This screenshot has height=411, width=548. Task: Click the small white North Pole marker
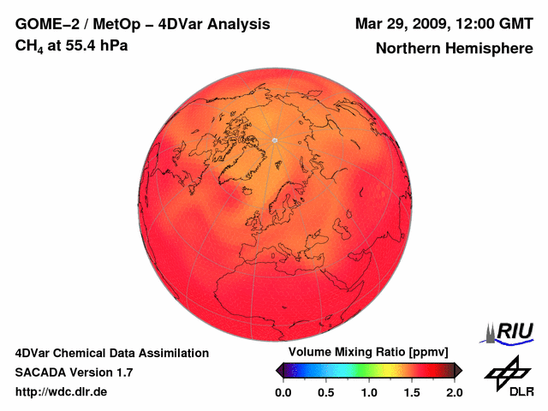275,140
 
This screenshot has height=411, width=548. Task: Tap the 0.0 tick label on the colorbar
283,392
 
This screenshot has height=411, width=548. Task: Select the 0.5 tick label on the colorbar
325,392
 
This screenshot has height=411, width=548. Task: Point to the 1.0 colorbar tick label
368,392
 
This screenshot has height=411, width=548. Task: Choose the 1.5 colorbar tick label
411,392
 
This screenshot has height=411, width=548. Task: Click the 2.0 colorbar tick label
454,392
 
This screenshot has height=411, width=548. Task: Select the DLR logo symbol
505,370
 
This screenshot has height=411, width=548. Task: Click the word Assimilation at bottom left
170,353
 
